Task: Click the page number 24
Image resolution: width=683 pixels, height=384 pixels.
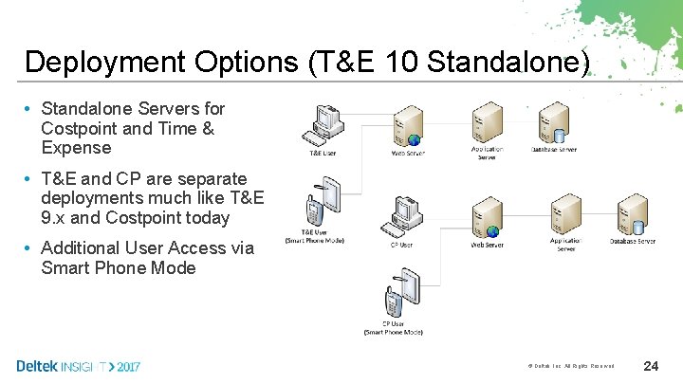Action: (652, 366)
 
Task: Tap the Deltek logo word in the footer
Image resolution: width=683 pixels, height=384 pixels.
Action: (37, 365)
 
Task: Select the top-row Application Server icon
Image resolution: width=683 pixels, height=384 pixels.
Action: (487, 123)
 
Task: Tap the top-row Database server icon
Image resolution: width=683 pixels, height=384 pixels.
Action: (554, 123)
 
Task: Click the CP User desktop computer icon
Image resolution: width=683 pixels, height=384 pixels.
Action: (403, 217)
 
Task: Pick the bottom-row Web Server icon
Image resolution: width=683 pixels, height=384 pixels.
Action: (487, 218)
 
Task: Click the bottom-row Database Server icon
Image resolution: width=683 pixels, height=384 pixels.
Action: (633, 216)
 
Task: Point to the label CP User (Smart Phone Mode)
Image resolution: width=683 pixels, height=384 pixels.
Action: (395, 328)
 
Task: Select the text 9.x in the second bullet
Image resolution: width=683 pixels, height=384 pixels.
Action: (58, 217)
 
